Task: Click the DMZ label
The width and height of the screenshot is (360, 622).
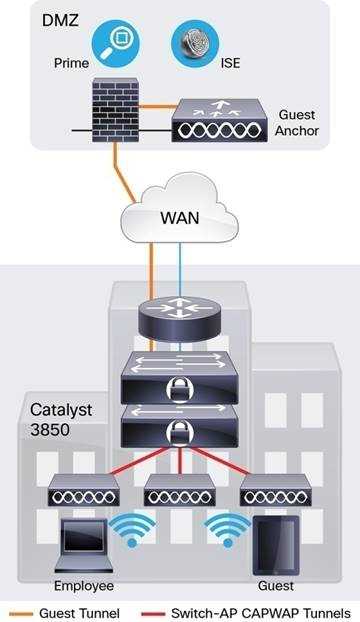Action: click(x=59, y=20)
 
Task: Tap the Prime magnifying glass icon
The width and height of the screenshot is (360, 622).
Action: click(x=116, y=44)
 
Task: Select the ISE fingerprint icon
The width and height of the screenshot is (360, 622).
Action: click(x=195, y=44)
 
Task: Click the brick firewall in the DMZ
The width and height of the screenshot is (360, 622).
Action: click(x=116, y=110)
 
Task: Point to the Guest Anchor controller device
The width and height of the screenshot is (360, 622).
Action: click(x=220, y=121)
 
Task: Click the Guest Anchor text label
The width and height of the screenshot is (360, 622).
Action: click(x=297, y=123)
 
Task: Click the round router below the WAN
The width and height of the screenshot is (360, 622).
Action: click(x=180, y=319)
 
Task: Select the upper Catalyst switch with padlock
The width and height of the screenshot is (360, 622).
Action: click(x=180, y=377)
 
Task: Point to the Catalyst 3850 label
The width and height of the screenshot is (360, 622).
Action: click(x=61, y=420)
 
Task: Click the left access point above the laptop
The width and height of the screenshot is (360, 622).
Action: click(x=83, y=490)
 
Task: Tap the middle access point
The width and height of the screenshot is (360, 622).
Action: click(x=180, y=490)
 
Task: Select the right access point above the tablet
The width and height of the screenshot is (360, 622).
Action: click(x=276, y=490)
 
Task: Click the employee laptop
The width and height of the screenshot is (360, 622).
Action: click(x=84, y=545)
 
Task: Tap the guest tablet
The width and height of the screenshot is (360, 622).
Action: click(x=276, y=545)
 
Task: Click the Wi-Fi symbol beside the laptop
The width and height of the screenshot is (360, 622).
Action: click(x=132, y=530)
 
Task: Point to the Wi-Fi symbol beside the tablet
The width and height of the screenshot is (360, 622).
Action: click(x=227, y=530)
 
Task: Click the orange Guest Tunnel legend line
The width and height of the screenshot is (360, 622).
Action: click(x=21, y=614)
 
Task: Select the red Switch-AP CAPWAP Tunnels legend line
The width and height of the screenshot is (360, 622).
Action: click(x=153, y=614)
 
